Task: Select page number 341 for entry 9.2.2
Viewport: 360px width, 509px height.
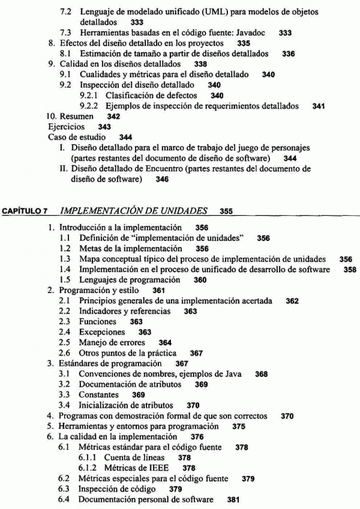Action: click(319, 106)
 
